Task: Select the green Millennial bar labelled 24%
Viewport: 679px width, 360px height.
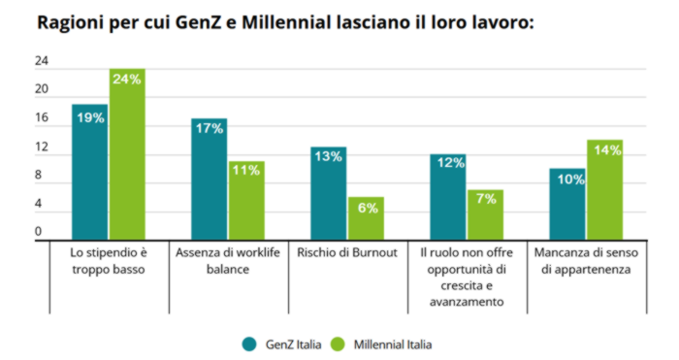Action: (x=126, y=155)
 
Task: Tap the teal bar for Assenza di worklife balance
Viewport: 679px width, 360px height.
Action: (x=209, y=180)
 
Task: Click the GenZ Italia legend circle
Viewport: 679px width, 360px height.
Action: (x=248, y=344)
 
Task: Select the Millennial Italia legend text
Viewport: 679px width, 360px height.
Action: (x=393, y=344)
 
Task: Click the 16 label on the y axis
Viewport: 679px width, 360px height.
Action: (x=42, y=118)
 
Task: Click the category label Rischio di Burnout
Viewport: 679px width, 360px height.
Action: (x=346, y=253)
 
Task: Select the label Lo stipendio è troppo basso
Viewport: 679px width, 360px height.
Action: (x=108, y=261)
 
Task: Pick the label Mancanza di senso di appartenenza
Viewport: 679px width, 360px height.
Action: (x=585, y=261)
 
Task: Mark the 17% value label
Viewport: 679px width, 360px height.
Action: (x=209, y=129)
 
